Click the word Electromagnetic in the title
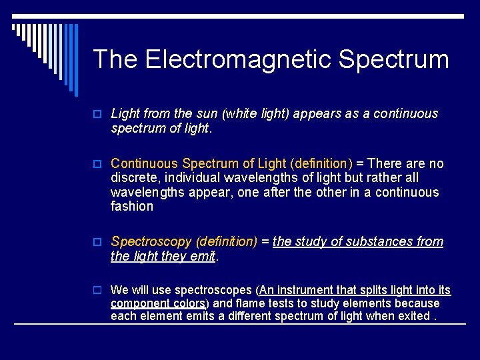(239, 59)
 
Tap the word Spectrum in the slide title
(393, 59)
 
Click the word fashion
(131, 207)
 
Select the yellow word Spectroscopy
(152, 241)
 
